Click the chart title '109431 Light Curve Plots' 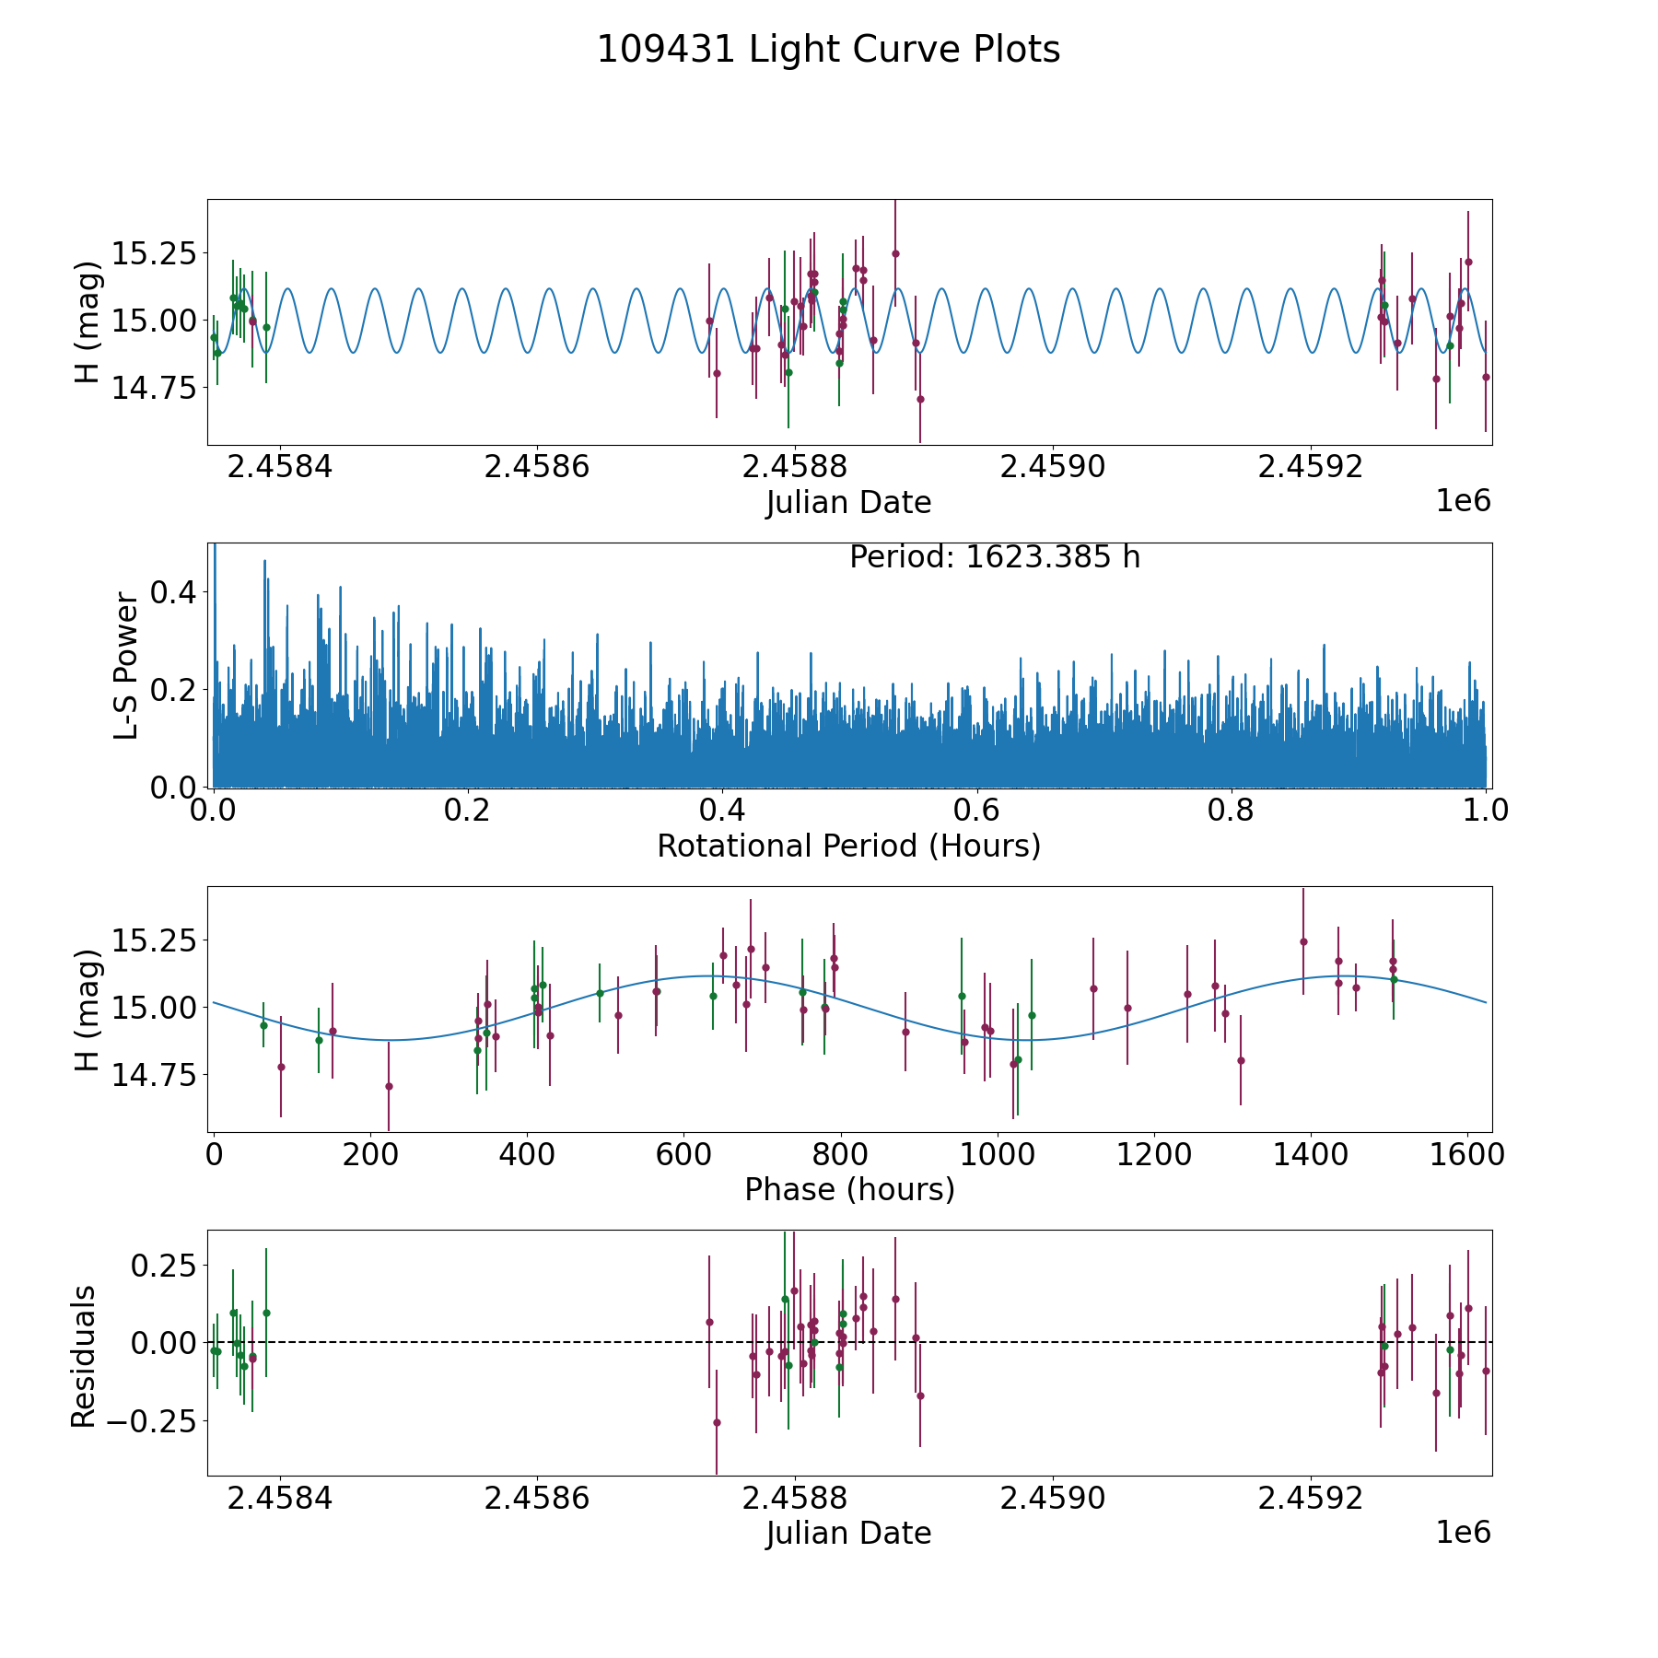coord(828,50)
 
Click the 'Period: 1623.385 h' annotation coord(995,557)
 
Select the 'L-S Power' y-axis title coord(125,665)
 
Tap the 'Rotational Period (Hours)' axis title coord(848,846)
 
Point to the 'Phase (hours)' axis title coord(849,1189)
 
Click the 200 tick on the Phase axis coord(370,1154)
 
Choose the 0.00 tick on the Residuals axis coord(164,1342)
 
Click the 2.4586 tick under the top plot coord(537,467)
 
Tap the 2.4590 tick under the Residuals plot coord(1053,1498)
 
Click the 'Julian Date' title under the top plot coord(848,503)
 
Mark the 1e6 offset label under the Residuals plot coord(1464,1532)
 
